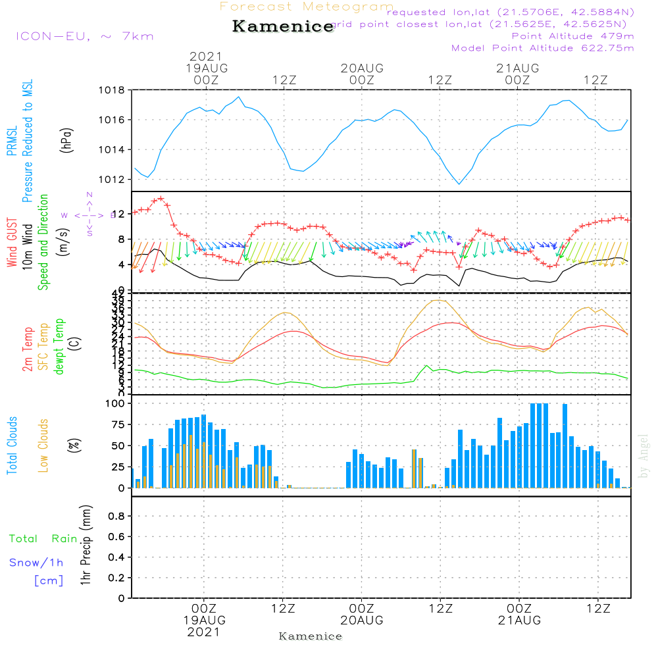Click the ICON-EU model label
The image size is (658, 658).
84,36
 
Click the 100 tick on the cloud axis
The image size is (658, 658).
116,403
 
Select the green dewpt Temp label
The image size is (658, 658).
59,347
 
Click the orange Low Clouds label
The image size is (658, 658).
43,445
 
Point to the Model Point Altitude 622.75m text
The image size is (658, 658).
543,48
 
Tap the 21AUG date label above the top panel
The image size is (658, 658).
517,68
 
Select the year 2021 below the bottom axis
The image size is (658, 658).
205,632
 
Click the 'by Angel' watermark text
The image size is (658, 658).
644,456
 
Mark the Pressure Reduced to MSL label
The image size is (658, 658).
28,141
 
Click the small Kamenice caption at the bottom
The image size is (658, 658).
311,636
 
